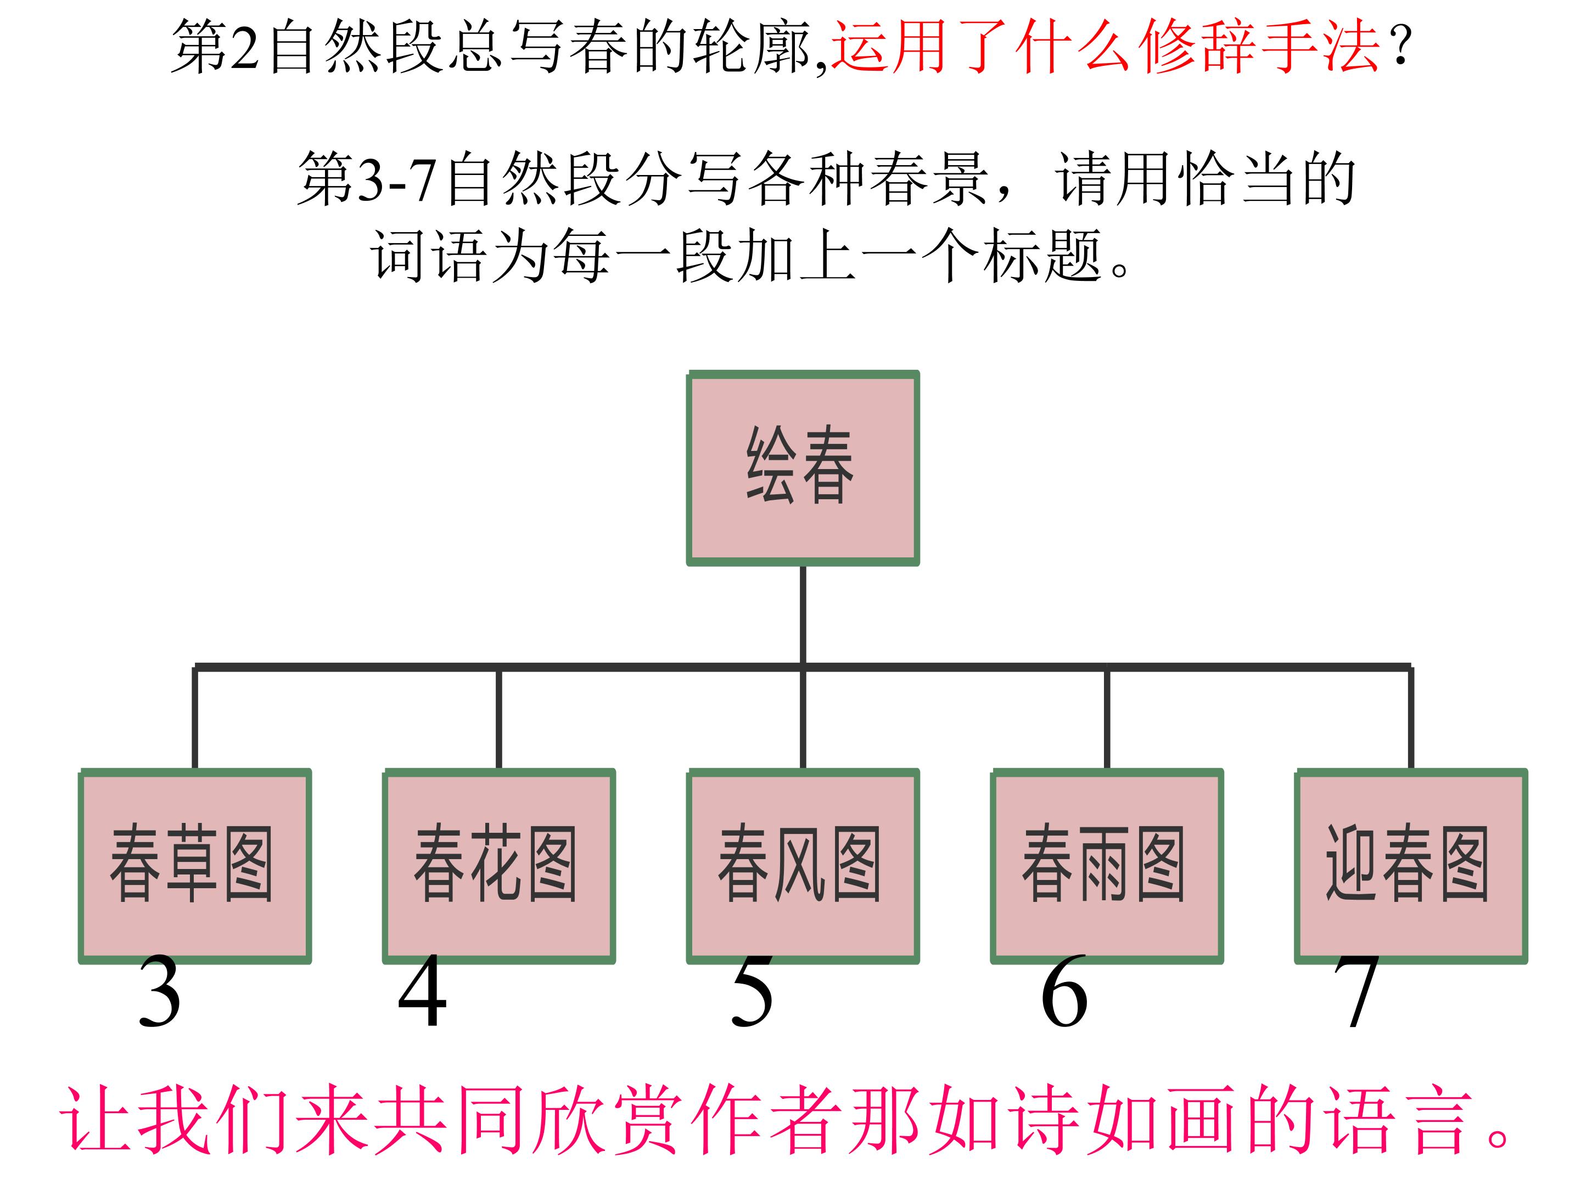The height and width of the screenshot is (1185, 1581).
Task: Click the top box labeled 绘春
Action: [x=802, y=468]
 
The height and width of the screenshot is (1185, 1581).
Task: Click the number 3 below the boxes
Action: [x=159, y=993]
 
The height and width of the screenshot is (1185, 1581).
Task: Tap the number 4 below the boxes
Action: [x=422, y=993]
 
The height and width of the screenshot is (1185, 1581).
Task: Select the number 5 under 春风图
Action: [x=752, y=993]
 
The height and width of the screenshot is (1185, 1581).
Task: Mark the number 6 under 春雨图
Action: [x=1064, y=993]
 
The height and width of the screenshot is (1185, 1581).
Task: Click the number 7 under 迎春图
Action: [x=1356, y=993]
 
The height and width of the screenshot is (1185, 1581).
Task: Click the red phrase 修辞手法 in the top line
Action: [x=1258, y=47]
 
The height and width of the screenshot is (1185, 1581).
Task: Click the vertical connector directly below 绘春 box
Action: [x=803, y=614]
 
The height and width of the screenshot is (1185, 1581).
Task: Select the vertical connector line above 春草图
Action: [x=194, y=718]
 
